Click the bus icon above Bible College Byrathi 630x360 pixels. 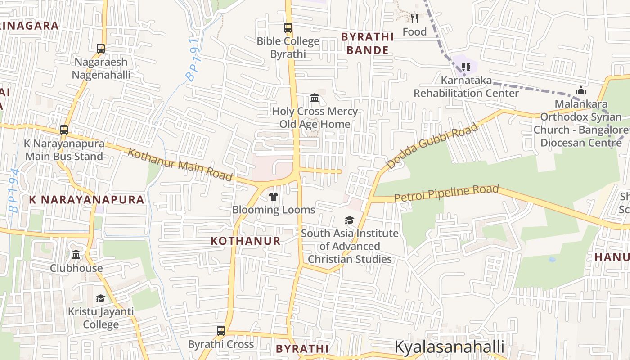pos(288,28)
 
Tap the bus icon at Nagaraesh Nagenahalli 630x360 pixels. pos(101,49)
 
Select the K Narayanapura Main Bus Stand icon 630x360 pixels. pos(64,130)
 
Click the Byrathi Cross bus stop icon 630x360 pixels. pos(221,331)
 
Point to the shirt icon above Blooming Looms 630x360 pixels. pos(273,196)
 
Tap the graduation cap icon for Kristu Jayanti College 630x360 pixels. pos(101,298)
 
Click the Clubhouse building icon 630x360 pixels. pos(76,255)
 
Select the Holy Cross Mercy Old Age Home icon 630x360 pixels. pos(315,98)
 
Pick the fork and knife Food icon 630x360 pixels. pos(414,18)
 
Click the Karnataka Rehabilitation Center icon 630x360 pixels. pos(466,67)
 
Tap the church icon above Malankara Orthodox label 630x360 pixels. pos(581,90)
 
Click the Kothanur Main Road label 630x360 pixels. pos(180,164)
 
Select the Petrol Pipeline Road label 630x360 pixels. pos(446,193)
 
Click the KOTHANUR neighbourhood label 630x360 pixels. pos(246,241)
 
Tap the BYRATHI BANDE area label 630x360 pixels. pos(367,43)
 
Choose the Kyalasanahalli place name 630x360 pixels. pos(449,347)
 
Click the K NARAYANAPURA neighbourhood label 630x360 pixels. pos(87,199)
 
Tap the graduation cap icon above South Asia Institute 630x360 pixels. pos(349,220)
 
